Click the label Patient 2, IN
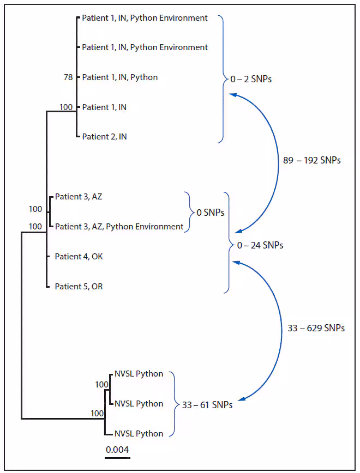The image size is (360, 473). (x=104, y=137)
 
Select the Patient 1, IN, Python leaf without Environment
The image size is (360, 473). (x=119, y=77)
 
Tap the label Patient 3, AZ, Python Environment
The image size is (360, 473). (x=119, y=226)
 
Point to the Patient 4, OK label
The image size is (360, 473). (x=79, y=256)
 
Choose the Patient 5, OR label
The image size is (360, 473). (x=79, y=286)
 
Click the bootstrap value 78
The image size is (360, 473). (x=68, y=77)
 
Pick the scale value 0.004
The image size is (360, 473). (x=117, y=450)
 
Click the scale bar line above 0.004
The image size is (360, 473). (x=117, y=458)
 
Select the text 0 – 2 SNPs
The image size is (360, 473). (x=251, y=79)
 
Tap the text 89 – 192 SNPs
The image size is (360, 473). (x=311, y=160)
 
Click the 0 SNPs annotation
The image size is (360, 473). (x=210, y=213)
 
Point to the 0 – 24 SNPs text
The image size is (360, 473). (x=260, y=245)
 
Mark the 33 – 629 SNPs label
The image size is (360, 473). (x=316, y=328)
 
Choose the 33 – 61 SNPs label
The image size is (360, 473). (x=207, y=405)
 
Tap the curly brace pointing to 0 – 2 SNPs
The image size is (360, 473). (x=223, y=79)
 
